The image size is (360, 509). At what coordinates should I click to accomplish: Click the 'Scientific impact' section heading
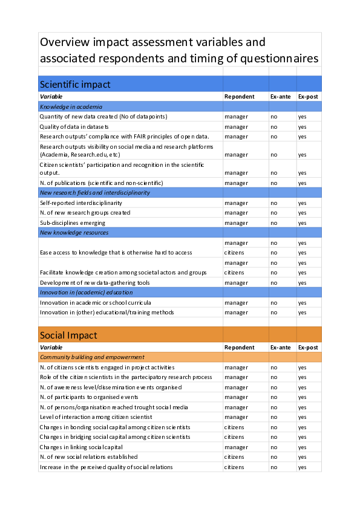75,84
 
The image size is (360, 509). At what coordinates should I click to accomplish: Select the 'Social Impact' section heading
68,335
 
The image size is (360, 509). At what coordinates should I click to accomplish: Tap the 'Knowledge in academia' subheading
71,107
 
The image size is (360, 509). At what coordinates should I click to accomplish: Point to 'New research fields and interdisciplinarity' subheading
95,193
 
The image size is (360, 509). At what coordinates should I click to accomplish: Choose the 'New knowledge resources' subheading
74,233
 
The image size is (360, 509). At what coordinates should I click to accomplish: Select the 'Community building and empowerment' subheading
92,357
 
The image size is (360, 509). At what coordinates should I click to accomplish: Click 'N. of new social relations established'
88,457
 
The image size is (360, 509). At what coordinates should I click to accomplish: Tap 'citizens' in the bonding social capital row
234,427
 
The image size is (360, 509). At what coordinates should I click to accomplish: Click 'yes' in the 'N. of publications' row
302,183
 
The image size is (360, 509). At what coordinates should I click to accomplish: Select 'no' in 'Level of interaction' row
273,417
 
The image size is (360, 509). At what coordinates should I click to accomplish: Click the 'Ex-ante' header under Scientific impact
278,97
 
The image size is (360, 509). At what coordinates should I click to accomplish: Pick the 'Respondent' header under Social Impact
239,348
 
